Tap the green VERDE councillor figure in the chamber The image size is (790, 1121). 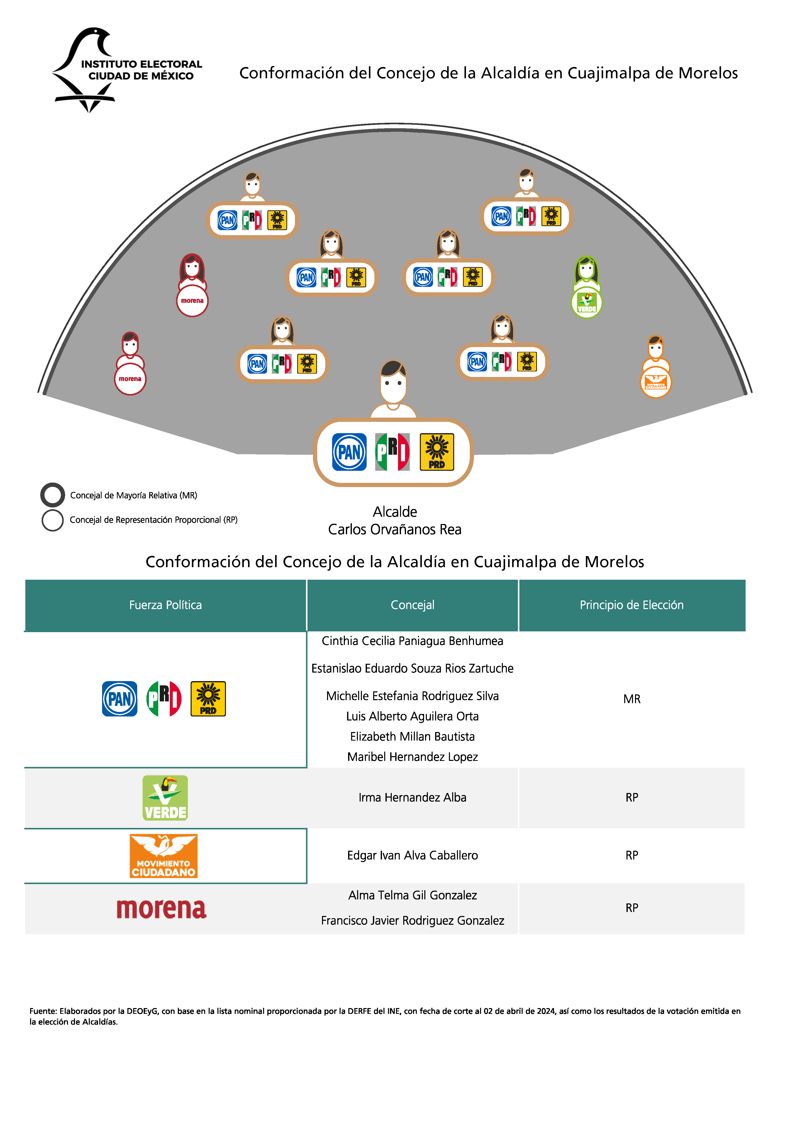coord(587,288)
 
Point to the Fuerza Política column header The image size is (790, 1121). coord(166,605)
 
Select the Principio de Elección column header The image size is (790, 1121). coord(631,605)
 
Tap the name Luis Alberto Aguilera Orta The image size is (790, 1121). coord(412,716)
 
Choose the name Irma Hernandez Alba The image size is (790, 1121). coord(412,797)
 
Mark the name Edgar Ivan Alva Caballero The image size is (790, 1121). coord(412,855)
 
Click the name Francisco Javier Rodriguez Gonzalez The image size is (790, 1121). coord(412,920)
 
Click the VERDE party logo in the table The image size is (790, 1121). coord(165,797)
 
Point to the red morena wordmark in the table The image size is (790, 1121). coord(162,909)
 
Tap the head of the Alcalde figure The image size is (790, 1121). coord(393,381)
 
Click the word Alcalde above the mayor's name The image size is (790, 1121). coord(395,512)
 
